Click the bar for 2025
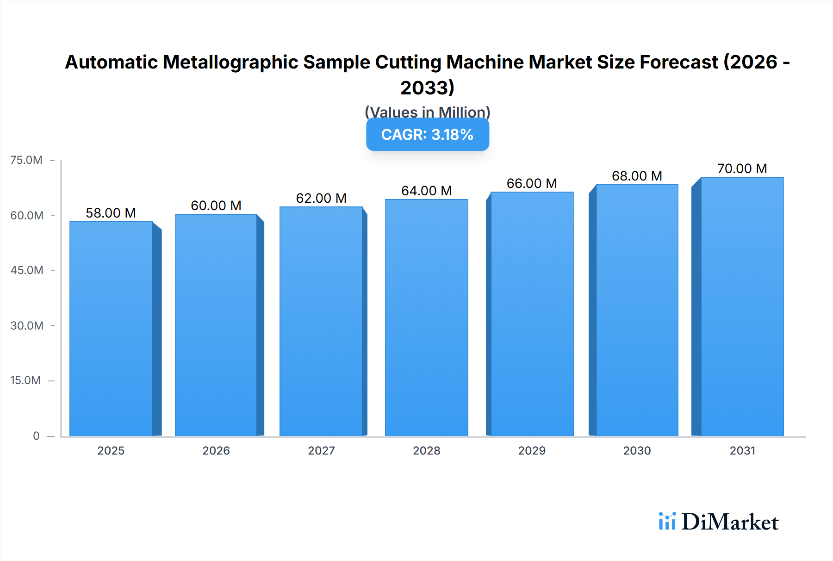tap(111, 329)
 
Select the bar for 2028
tap(426, 318)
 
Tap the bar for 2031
tap(742, 306)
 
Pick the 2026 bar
tap(216, 325)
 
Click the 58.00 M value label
tap(111, 213)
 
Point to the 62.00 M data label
tap(321, 198)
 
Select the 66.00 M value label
tap(532, 183)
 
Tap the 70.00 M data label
tap(742, 168)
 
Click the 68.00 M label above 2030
tap(637, 176)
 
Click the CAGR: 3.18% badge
tap(427, 135)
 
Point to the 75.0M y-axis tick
tap(26, 160)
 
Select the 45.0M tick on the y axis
tap(27, 270)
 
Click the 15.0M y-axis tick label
tap(26, 380)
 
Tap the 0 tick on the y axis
tap(36, 436)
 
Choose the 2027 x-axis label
tap(321, 450)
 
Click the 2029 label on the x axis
tap(532, 450)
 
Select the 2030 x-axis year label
tap(637, 450)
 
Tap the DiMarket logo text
tap(730, 522)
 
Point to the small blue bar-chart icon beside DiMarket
tap(667, 521)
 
